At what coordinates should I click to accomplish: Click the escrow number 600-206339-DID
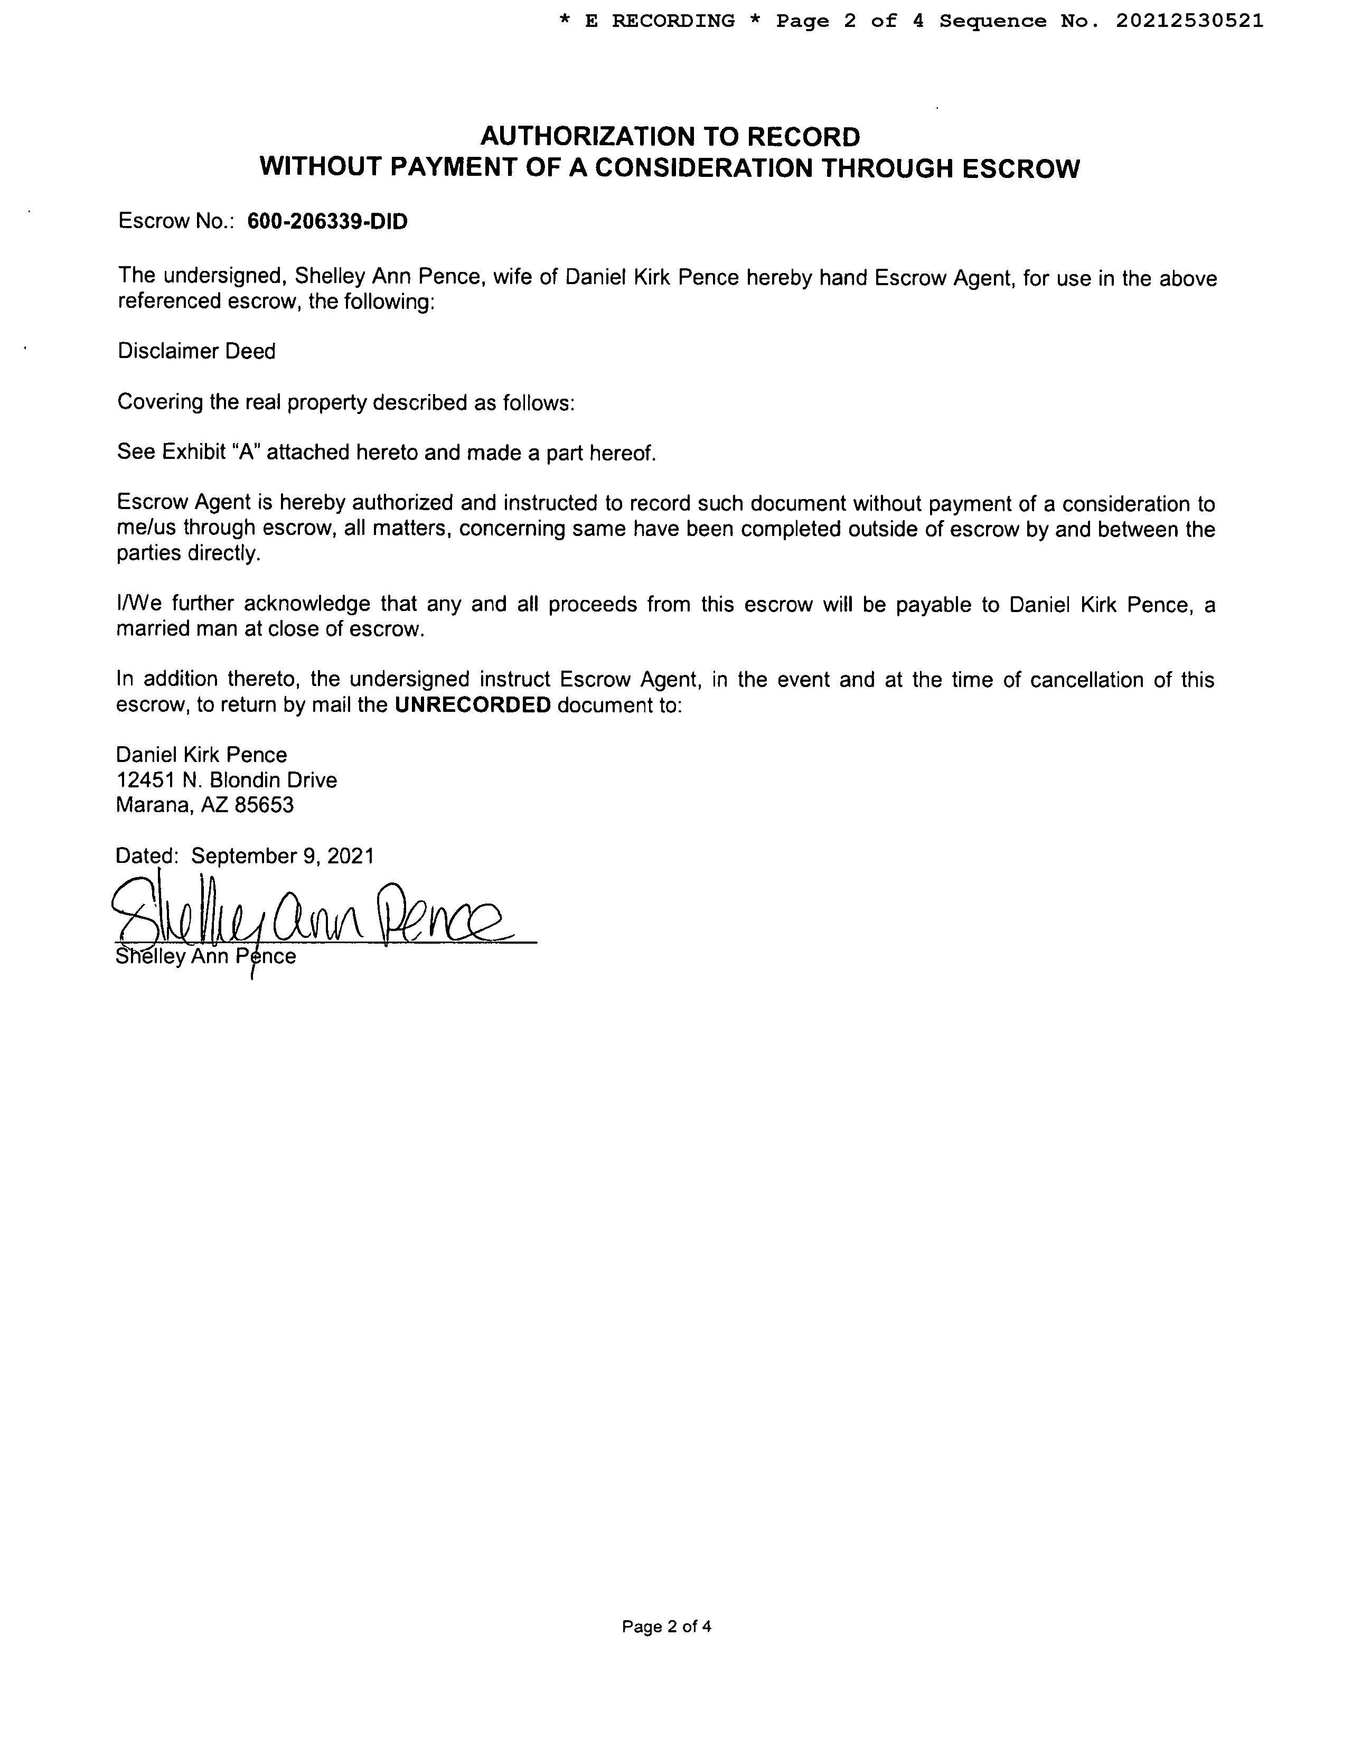pyautogui.click(x=327, y=222)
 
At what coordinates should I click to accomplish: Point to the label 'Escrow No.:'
pyautogui.click(x=175, y=222)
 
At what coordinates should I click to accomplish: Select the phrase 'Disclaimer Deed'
pyautogui.click(x=196, y=352)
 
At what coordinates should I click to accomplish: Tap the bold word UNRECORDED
pyautogui.click(x=473, y=706)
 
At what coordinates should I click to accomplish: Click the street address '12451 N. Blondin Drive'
pyautogui.click(x=227, y=780)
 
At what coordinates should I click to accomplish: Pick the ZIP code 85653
pyautogui.click(x=264, y=805)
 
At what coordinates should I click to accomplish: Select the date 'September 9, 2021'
pyautogui.click(x=283, y=856)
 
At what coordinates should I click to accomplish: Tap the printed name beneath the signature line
pyautogui.click(x=206, y=957)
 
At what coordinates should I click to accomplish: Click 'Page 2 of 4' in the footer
pyautogui.click(x=666, y=1626)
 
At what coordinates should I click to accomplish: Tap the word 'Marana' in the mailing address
pyautogui.click(x=154, y=805)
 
